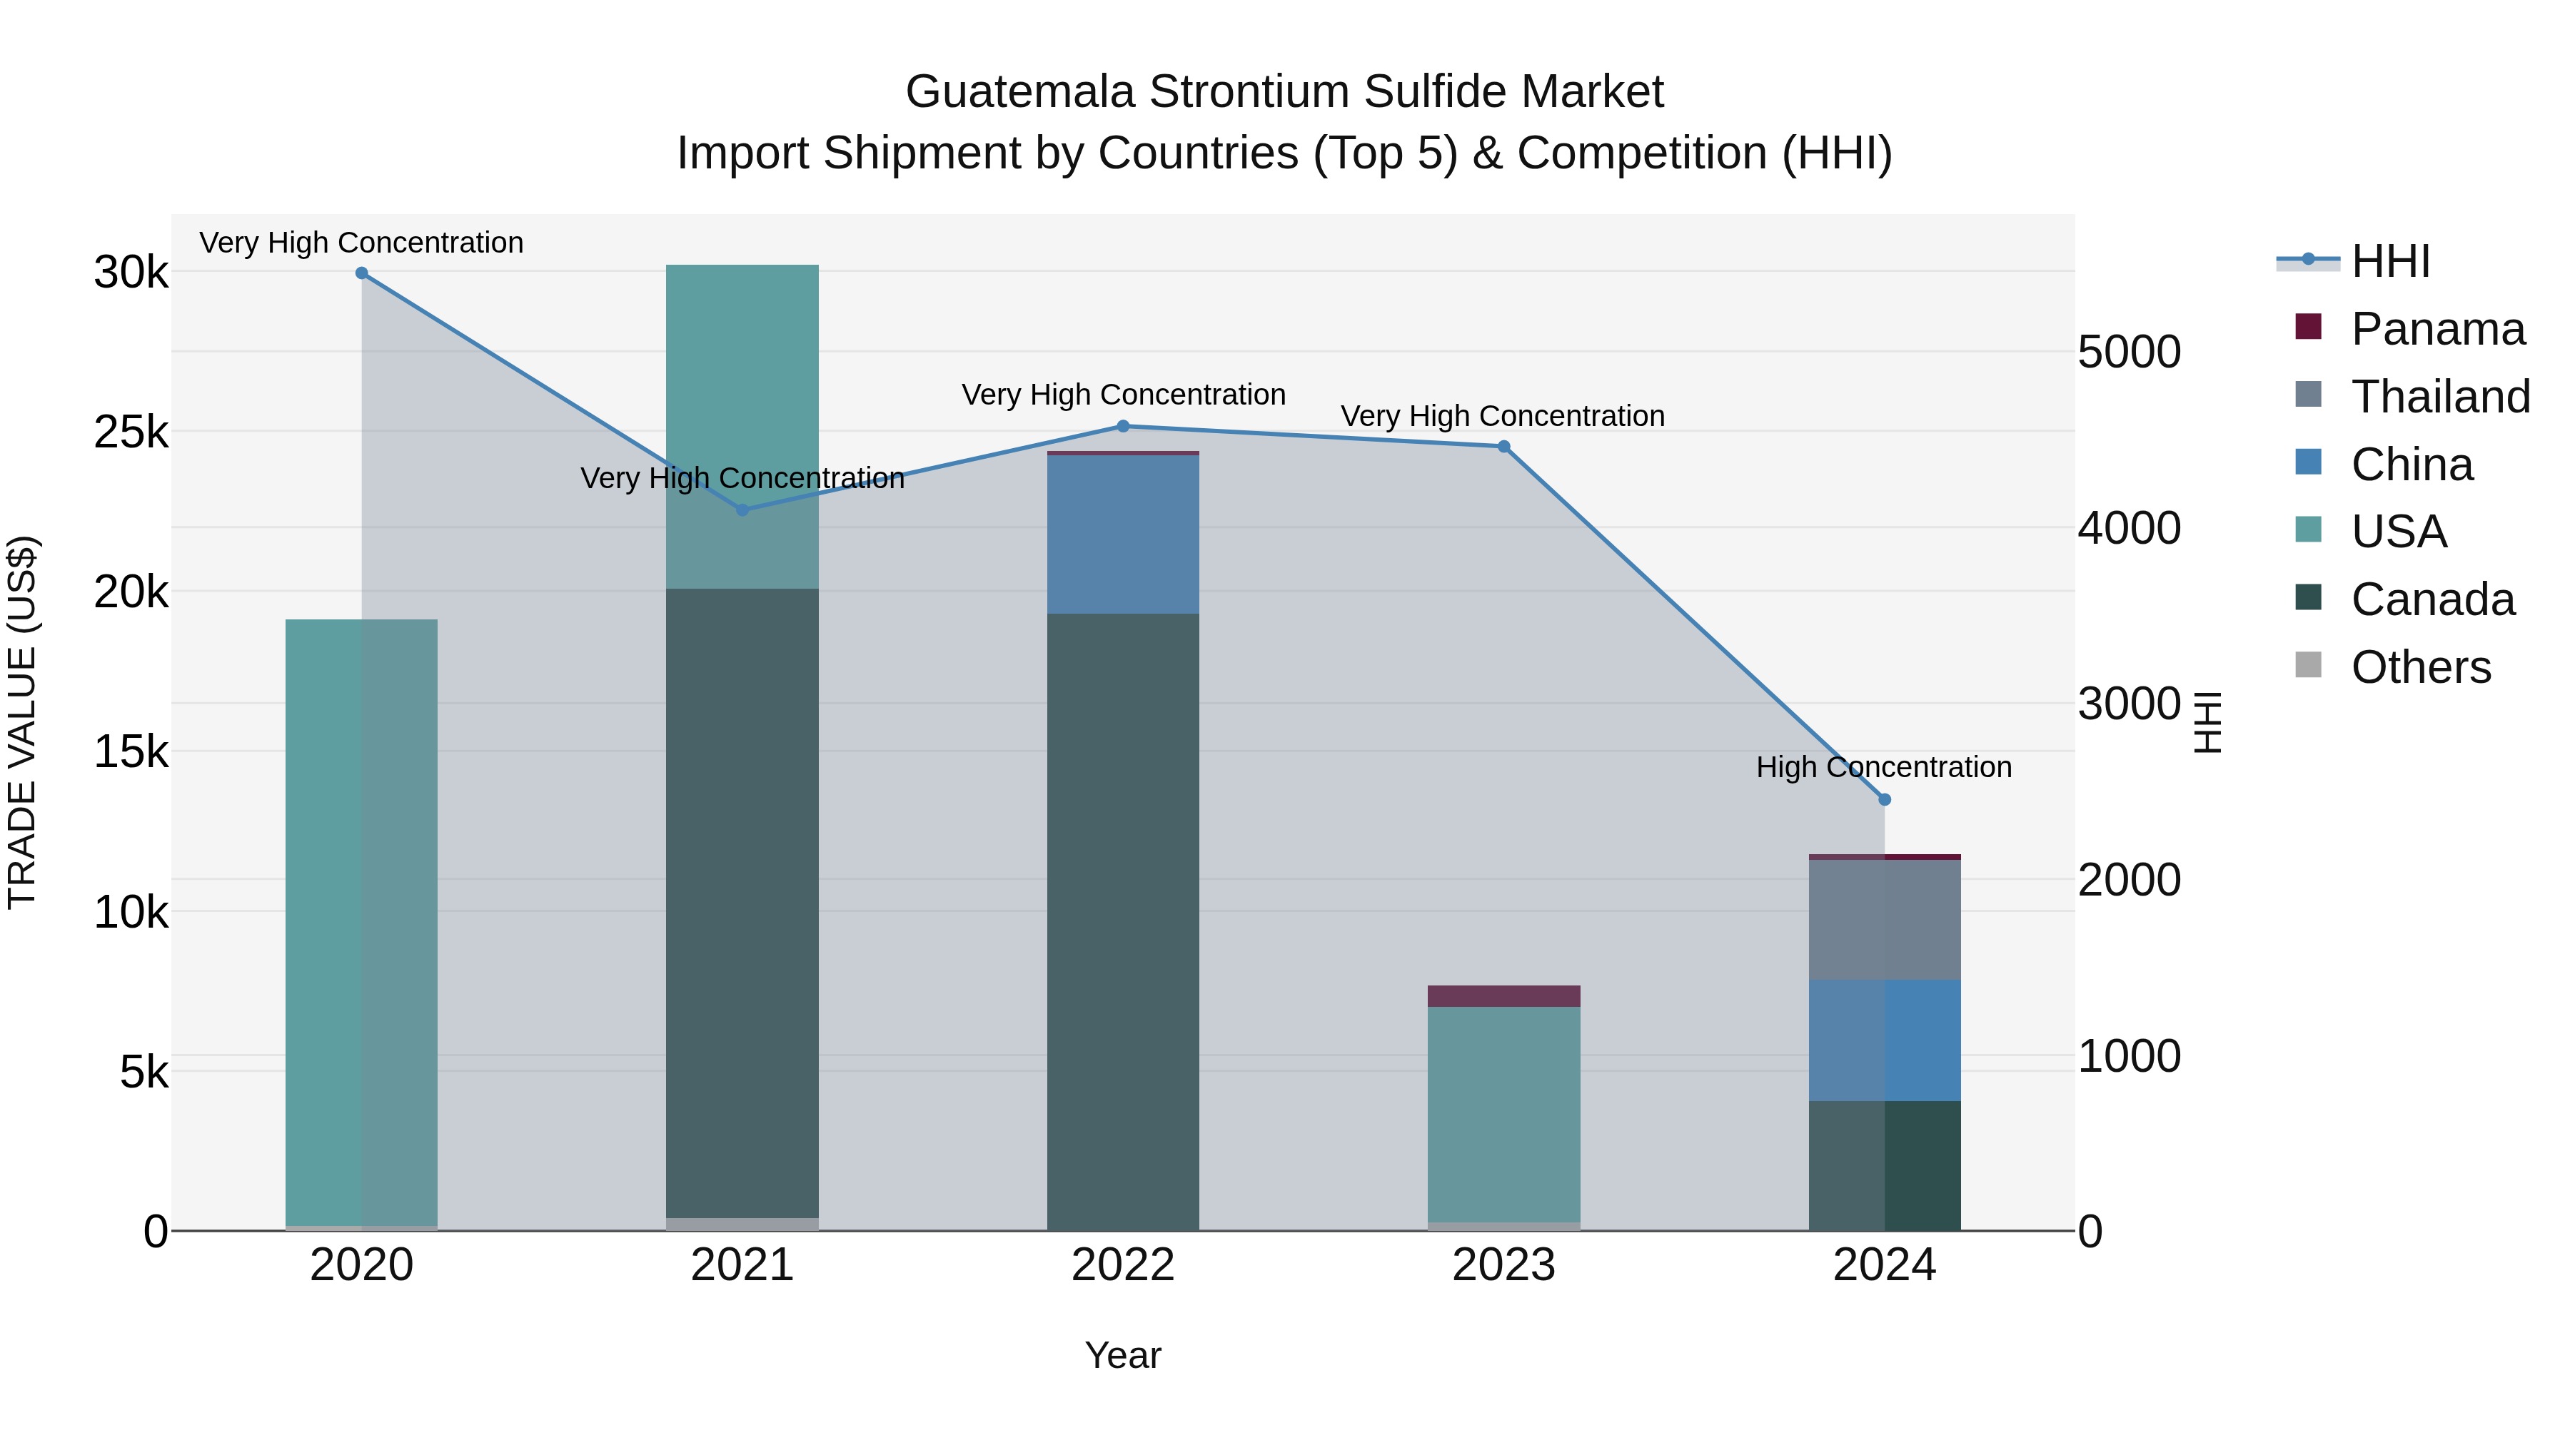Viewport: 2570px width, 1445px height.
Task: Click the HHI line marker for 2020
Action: pyautogui.click(x=362, y=273)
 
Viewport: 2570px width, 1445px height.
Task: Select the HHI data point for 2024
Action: pyautogui.click(x=1885, y=800)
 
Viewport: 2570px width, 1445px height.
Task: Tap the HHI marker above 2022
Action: pyautogui.click(x=1124, y=427)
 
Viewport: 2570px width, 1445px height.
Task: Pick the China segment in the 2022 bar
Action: pyautogui.click(x=1124, y=534)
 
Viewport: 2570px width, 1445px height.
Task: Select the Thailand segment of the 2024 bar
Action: pyautogui.click(x=1885, y=920)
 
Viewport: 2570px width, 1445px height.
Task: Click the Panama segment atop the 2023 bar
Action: pyautogui.click(x=1503, y=996)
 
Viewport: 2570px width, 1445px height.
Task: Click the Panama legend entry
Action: pyautogui.click(x=2437, y=329)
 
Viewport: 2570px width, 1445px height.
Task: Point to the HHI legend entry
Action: pyautogui.click(x=2389, y=261)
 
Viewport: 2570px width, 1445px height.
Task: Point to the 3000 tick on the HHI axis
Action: pyautogui.click(x=2129, y=704)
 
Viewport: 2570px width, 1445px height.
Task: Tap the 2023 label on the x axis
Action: pyautogui.click(x=1503, y=1265)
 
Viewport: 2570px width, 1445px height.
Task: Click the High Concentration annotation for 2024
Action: pyautogui.click(x=1884, y=767)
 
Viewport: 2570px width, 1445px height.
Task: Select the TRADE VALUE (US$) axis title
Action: pyautogui.click(x=22, y=723)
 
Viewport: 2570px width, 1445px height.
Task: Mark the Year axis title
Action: pyautogui.click(x=1124, y=1355)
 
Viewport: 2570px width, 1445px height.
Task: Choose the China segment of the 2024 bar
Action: pyautogui.click(x=1885, y=1040)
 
